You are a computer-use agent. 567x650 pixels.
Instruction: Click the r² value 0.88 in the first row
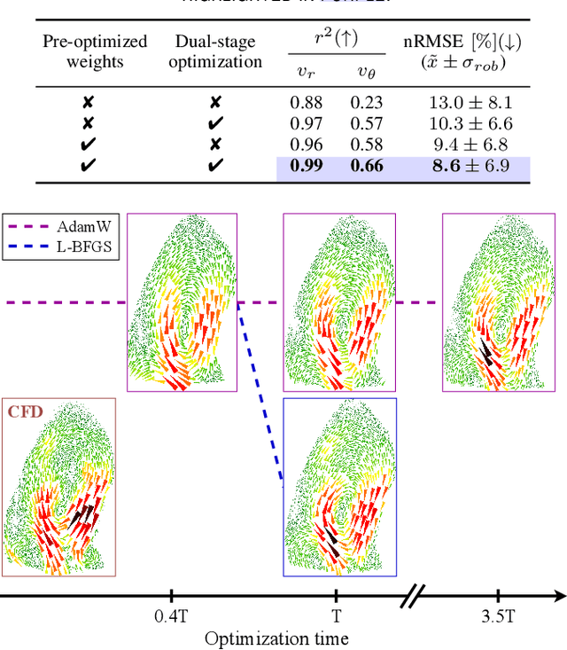pyautogui.click(x=306, y=102)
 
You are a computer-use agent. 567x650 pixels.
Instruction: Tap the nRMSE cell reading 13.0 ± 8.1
pyautogui.click(x=469, y=102)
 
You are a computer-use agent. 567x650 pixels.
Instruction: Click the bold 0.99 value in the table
pyautogui.click(x=306, y=166)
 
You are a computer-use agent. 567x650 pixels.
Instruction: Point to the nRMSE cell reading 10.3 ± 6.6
pyautogui.click(x=469, y=123)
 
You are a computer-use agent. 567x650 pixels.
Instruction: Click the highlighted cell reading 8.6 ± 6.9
pyautogui.click(x=469, y=166)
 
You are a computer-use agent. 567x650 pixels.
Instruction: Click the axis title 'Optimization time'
pyautogui.click(x=276, y=638)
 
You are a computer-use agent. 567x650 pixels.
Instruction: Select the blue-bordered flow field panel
pyautogui.click(x=339, y=485)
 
